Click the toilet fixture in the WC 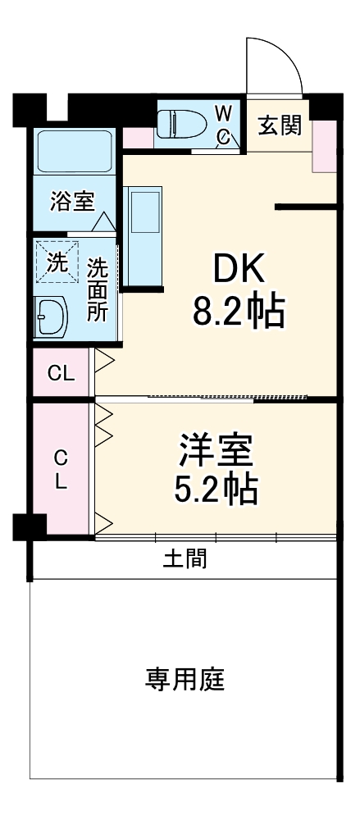181,125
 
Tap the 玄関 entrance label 280,126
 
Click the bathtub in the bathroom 75,151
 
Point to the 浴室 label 72,202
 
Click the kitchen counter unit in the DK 144,237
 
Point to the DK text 239,268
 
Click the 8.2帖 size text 239,312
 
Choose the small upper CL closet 61,374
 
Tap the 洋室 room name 216,449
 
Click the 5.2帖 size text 216,490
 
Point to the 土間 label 185,559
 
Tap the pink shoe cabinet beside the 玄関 325,145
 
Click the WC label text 223,124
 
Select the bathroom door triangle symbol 103,221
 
